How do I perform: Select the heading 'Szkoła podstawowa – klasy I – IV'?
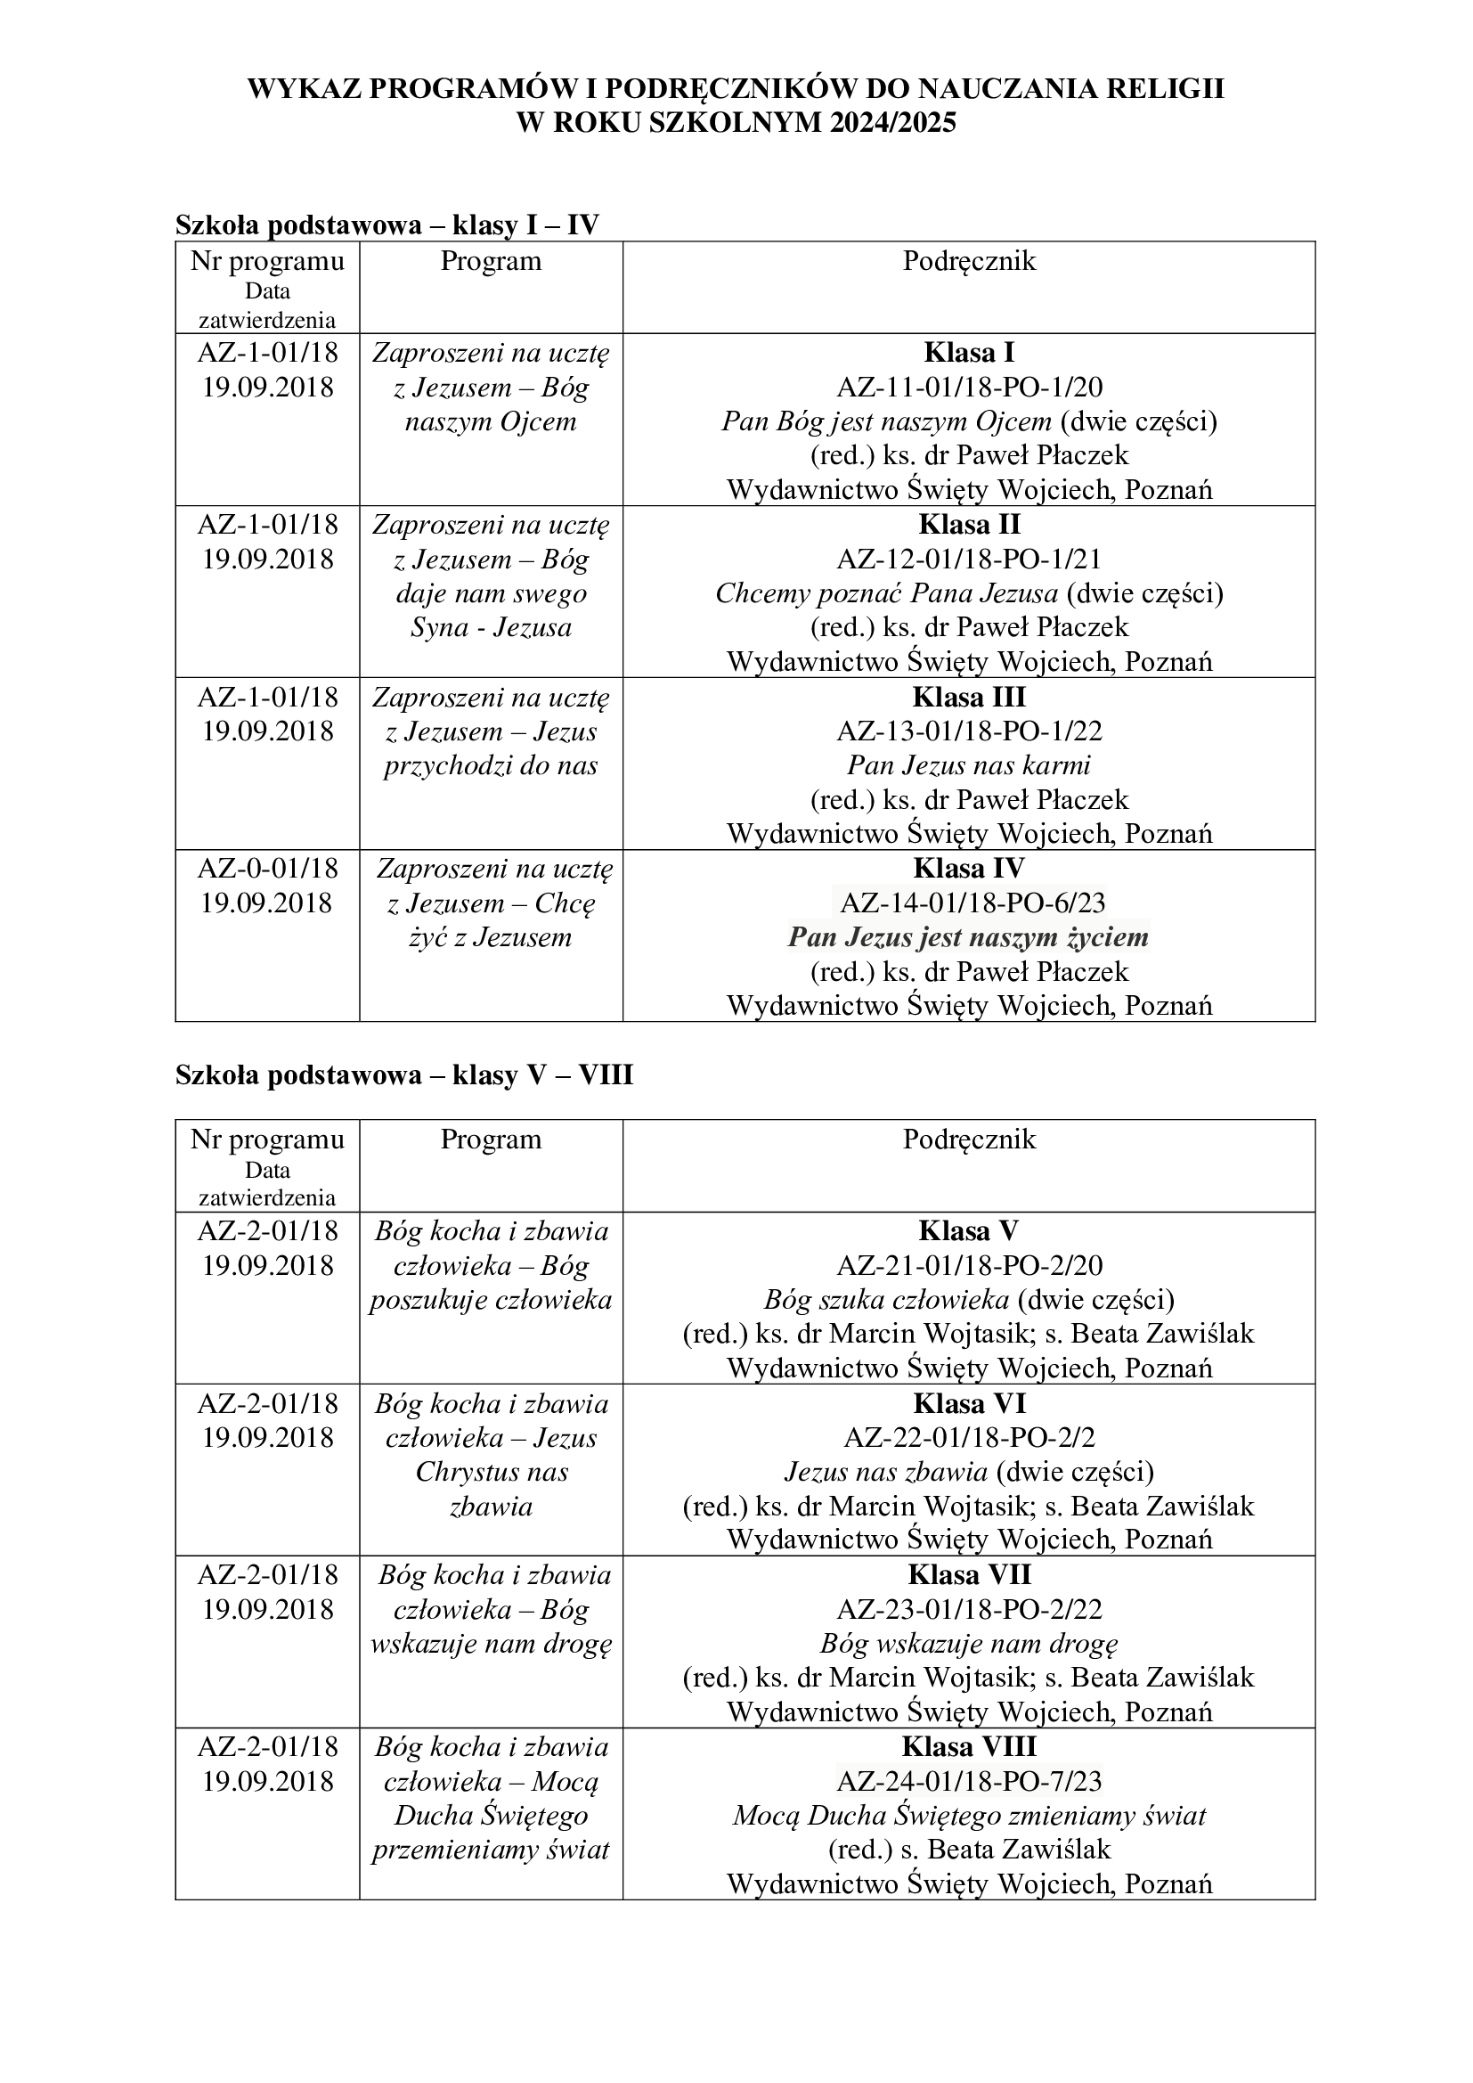[387, 225]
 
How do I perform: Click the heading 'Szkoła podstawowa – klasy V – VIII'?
[403, 1075]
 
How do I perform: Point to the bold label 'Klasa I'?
[969, 352]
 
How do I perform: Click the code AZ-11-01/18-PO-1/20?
[969, 388]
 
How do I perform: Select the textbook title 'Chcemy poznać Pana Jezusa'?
[886, 593]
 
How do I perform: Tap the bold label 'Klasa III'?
[969, 697]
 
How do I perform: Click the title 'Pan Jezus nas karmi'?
[969, 765]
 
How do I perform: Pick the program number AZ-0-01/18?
[267, 870]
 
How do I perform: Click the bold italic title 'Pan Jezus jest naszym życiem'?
[969, 937]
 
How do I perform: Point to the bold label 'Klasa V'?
[969, 1231]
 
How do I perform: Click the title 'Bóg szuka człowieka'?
[886, 1300]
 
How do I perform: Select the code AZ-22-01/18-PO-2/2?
[969, 1438]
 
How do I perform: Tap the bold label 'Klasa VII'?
[969, 1575]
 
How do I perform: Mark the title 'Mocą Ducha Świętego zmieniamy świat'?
[969, 1817]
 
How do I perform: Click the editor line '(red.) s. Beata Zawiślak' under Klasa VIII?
[969, 1850]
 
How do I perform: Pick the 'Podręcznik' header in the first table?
[969, 261]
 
